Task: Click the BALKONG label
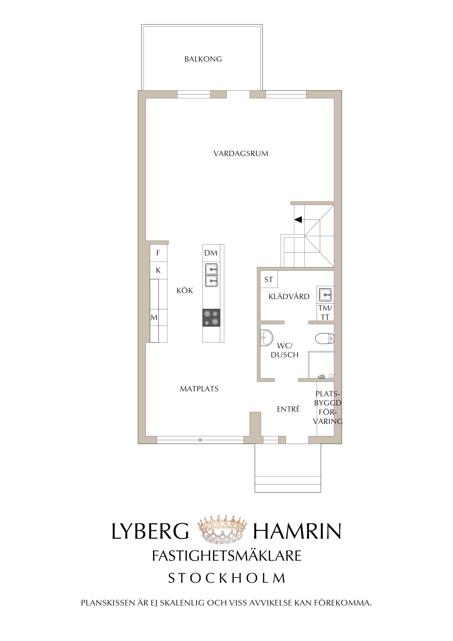pyautogui.click(x=203, y=59)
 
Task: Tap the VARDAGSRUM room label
pyautogui.click(x=241, y=154)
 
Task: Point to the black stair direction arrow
pyautogui.click(x=298, y=220)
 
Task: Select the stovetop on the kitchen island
pyautogui.click(x=211, y=318)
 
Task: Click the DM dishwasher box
pyautogui.click(x=211, y=253)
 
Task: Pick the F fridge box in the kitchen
pyautogui.click(x=159, y=253)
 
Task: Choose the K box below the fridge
pyautogui.click(x=159, y=270)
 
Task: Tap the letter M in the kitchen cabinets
pyautogui.click(x=154, y=317)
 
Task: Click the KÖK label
pyautogui.click(x=185, y=291)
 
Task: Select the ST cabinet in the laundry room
pyautogui.click(x=269, y=279)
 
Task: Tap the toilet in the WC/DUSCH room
pyautogui.click(x=325, y=339)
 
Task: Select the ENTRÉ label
pyautogui.click(x=288, y=409)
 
